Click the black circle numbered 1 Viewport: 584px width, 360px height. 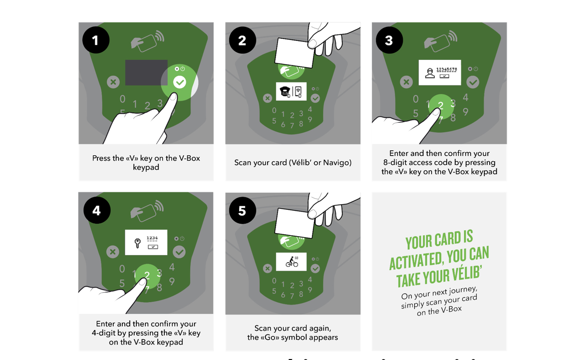[96, 40]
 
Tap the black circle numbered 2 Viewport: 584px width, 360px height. [243, 40]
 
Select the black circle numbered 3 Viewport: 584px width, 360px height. [389, 40]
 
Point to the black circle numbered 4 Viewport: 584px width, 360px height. [97, 210]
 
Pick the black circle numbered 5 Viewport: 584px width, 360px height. [243, 210]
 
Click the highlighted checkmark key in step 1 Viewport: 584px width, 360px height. [180, 82]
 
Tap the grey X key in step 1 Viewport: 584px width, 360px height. [113, 82]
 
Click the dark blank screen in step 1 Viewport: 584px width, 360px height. [146, 72]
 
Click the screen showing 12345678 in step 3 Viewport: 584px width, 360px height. [439, 72]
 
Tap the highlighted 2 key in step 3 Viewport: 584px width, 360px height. [441, 105]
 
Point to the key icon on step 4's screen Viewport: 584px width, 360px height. [137, 243]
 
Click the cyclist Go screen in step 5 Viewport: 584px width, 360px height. [292, 262]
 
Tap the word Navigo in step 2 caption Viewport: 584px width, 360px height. [337, 162]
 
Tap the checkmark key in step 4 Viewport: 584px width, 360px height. [179, 252]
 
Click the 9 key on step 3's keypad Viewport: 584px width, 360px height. [466, 112]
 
